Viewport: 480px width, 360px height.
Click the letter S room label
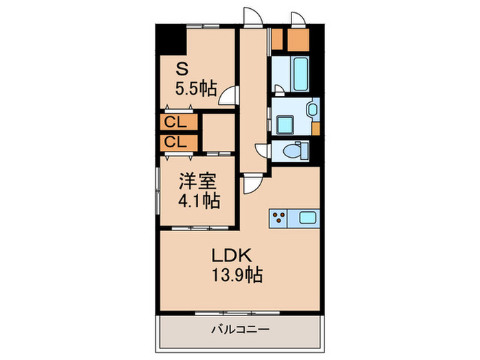pyautogui.click(x=182, y=69)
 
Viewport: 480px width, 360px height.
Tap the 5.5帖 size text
pyautogui.click(x=197, y=88)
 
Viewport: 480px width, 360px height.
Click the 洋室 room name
pyautogui.click(x=198, y=182)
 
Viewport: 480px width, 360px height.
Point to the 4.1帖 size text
pyautogui.click(x=200, y=202)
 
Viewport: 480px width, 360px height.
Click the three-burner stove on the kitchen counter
pyautogui.click(x=278, y=219)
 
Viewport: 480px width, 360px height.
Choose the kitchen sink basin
pyautogui.click(x=307, y=219)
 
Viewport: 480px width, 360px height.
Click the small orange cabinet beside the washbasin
pyautogui.click(x=315, y=127)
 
